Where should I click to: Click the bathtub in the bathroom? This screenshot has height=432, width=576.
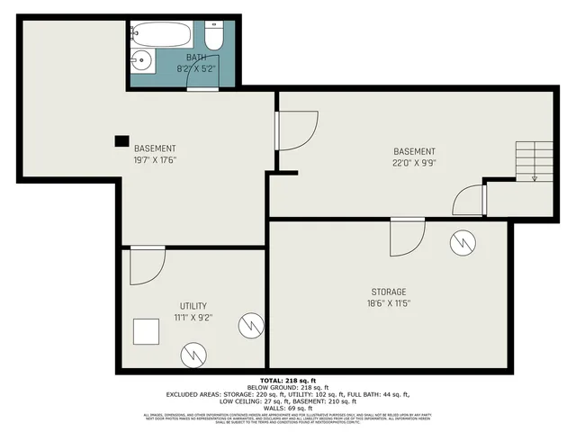pos(163,36)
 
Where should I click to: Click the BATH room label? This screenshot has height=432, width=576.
pos(196,57)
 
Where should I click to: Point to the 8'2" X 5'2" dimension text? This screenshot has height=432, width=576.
pos(196,68)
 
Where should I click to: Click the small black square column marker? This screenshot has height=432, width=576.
pos(121,140)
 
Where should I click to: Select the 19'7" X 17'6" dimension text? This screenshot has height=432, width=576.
pos(155,161)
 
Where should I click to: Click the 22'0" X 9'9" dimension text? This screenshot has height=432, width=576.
pos(414,164)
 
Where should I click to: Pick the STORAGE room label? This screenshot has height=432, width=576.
pos(389,292)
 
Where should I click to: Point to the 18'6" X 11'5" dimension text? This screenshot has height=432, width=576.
pos(389,304)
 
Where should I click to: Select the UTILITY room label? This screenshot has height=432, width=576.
pos(193,306)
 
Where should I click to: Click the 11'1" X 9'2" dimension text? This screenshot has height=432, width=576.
pos(193,318)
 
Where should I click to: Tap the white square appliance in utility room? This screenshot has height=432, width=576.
pos(145,333)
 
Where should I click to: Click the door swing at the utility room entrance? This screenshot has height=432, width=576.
pos(145,266)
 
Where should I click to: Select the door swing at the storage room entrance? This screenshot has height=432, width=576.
pos(406,238)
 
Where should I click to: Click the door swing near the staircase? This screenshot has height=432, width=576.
pos(469,198)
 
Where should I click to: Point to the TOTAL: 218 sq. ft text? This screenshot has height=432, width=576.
pos(287,381)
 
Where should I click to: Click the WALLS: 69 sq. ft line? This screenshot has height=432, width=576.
pos(287,408)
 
